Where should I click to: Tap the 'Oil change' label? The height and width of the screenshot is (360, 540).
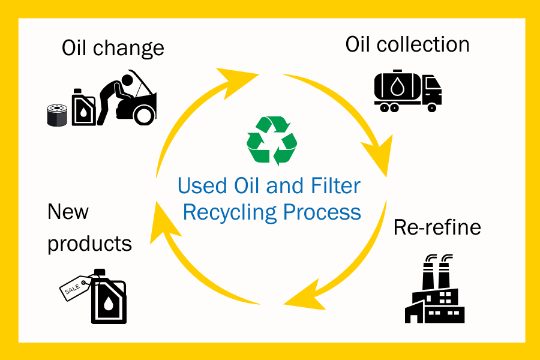tap(113, 47)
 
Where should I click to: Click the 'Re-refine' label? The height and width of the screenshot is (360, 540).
tap(437, 227)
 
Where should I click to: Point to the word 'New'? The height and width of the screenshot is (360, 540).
tap(68, 212)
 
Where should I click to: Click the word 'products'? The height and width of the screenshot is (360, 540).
tap(89, 243)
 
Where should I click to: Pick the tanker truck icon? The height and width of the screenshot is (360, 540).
tap(407, 92)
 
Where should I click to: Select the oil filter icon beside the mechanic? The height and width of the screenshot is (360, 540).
tap(56, 115)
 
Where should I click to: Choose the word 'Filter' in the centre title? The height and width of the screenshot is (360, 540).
tap(334, 185)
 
